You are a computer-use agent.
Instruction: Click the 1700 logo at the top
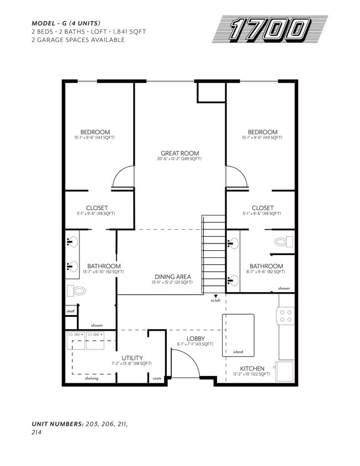click(269, 30)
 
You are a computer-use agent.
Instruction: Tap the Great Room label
click(179, 153)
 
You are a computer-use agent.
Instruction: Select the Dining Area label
click(172, 277)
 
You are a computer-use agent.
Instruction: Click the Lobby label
click(195, 338)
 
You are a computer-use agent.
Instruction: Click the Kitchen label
click(252, 368)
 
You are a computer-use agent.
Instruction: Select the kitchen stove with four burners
click(286, 316)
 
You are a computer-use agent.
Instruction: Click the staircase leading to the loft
click(214, 254)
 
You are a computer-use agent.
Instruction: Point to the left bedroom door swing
click(123, 178)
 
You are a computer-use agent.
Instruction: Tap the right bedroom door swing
click(236, 178)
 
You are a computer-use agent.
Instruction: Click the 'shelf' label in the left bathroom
click(70, 311)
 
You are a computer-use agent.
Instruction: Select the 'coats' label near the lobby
click(157, 379)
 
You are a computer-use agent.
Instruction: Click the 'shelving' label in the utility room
click(92, 379)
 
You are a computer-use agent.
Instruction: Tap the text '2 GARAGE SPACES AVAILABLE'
click(78, 40)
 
